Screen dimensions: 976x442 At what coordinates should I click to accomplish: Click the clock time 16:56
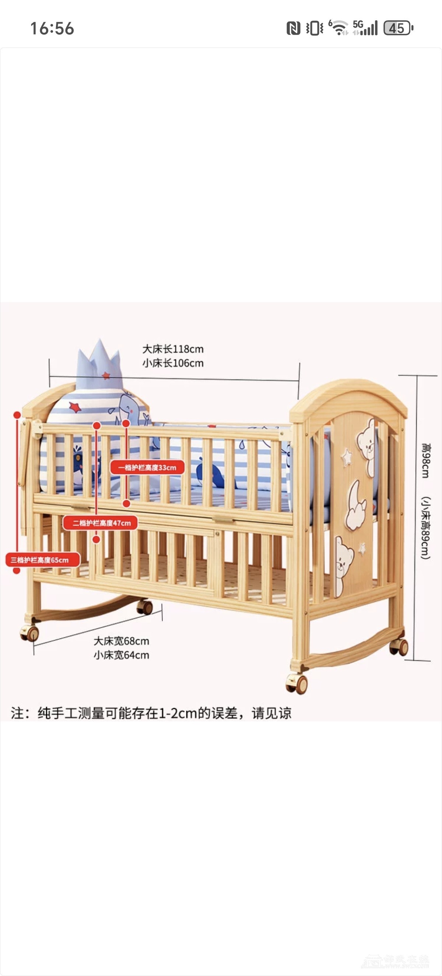point(52,28)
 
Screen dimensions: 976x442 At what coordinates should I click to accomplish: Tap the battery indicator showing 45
point(398,28)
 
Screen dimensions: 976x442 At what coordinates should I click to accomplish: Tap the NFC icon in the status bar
point(293,28)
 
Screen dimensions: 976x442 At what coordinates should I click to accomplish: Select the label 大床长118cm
point(173,349)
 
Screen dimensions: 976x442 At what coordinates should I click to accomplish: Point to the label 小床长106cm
point(173,363)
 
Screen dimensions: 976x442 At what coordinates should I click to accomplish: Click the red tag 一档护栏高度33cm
point(147,467)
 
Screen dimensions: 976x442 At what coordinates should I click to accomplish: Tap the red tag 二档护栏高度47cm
point(101,523)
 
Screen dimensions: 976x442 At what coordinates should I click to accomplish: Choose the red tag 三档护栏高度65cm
point(42,560)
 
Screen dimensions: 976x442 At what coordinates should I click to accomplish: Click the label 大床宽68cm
point(121,641)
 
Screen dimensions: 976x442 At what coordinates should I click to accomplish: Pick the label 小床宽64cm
point(121,655)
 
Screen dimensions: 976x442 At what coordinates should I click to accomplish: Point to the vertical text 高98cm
point(425,460)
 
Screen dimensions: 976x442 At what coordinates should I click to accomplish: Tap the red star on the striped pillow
point(75,407)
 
